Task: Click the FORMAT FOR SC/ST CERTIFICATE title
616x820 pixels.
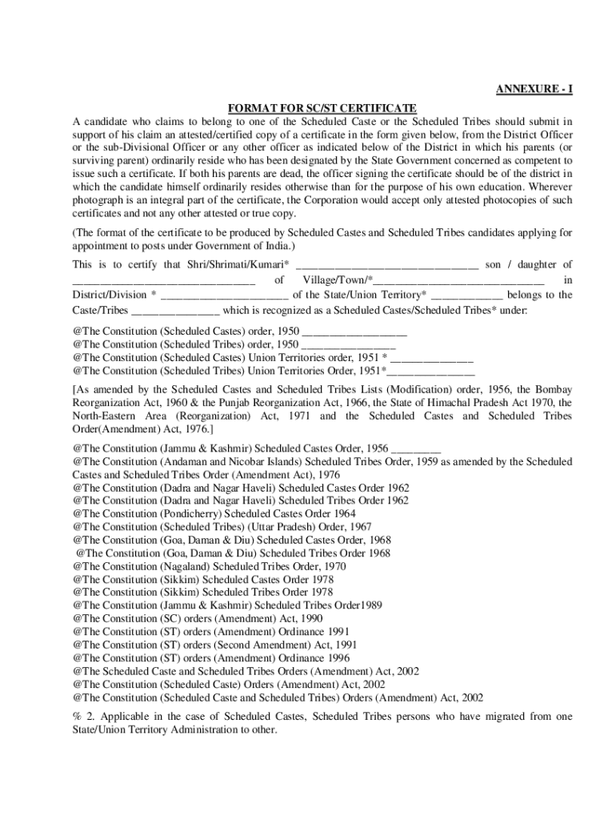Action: pos(322,107)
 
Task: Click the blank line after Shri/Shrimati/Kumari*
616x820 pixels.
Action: pos(387,265)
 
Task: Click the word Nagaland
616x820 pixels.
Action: pos(186,565)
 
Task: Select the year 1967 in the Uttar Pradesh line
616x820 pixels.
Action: pos(360,527)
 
